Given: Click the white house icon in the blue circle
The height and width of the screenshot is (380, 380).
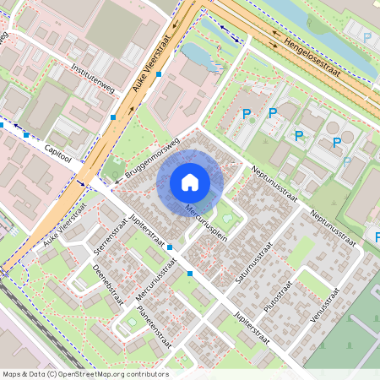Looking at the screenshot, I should pos(190,182).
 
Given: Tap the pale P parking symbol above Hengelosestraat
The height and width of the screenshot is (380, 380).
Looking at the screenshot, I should pos(366,37).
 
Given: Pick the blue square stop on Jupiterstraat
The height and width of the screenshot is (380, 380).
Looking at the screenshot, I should pos(170,247).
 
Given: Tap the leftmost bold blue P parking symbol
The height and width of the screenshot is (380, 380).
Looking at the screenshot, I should pos(247,113).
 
